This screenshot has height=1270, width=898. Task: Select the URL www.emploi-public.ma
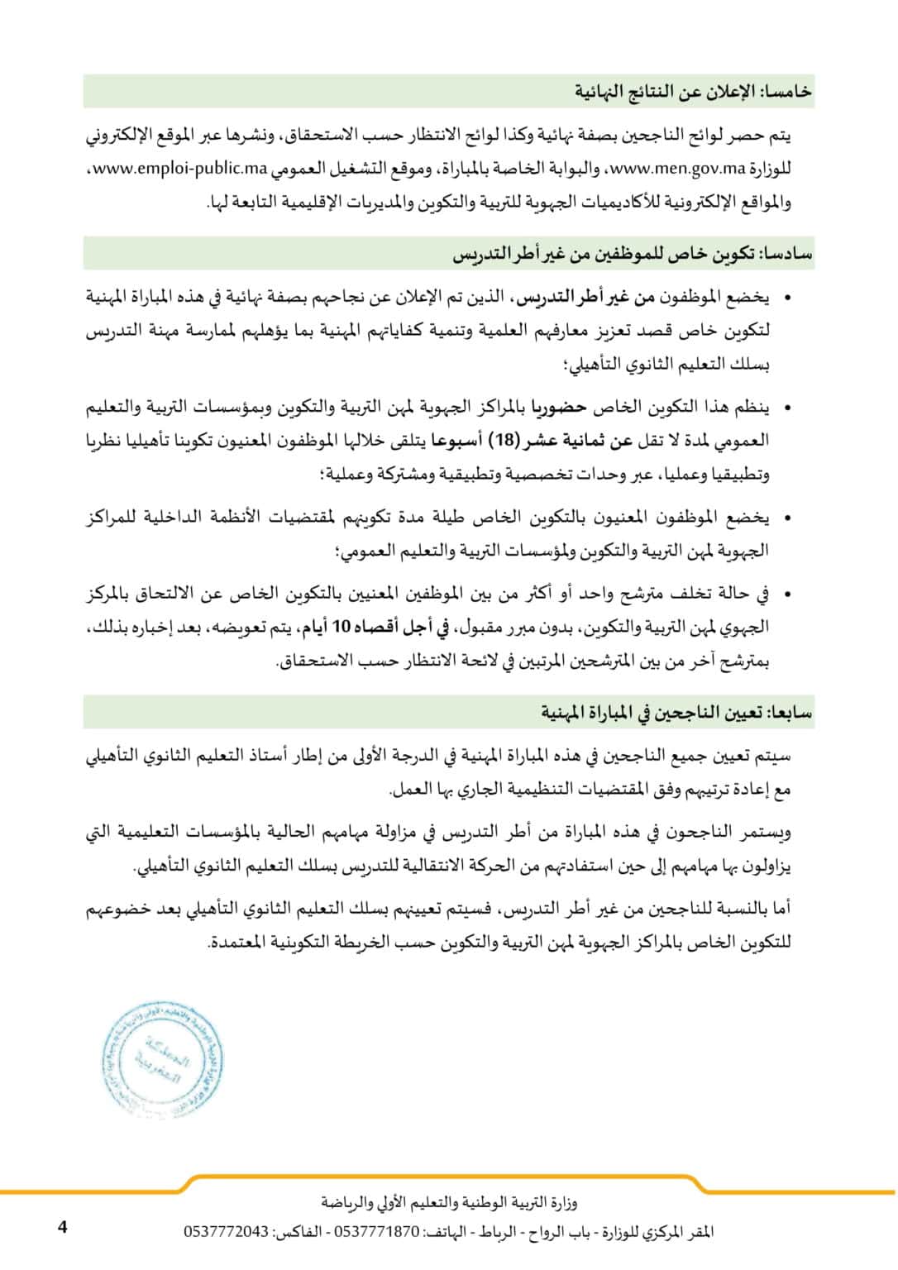[x=179, y=169]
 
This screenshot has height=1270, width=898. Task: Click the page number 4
[x=62, y=1227]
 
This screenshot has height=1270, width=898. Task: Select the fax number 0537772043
[x=226, y=1232]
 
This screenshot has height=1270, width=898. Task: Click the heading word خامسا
[x=787, y=93]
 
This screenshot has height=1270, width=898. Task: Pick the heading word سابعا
[x=789, y=712]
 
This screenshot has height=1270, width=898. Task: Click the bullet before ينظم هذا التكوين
[x=786, y=408]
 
